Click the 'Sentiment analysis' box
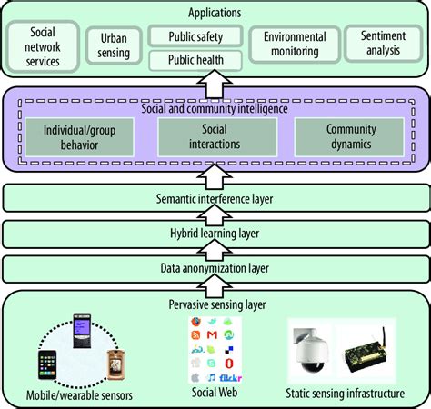(x=383, y=45)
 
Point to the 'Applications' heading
(x=215, y=13)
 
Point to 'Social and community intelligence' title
(x=215, y=109)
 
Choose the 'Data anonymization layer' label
(x=215, y=269)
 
